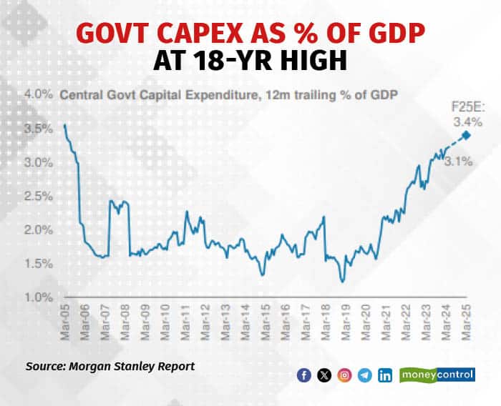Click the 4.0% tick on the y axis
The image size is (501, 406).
coord(39,94)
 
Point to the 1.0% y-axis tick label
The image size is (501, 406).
coord(39,297)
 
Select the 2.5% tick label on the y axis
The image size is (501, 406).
coord(39,196)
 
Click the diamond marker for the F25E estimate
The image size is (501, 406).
coord(467,135)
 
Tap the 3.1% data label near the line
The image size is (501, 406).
coord(457,162)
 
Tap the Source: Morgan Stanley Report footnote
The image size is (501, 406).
coord(110,366)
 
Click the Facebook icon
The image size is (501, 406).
coord(304,375)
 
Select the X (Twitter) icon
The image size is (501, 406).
coord(324,375)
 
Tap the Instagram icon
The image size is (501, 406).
coord(344,375)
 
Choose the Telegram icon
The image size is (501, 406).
coord(365,375)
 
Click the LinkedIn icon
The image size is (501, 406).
coord(385,375)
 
